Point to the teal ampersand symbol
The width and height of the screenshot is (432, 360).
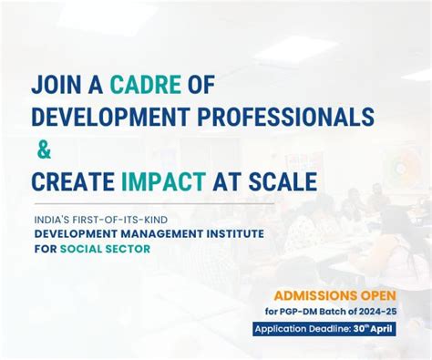pyautogui.click(x=45, y=149)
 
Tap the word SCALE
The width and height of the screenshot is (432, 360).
pyautogui.click(x=283, y=180)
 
